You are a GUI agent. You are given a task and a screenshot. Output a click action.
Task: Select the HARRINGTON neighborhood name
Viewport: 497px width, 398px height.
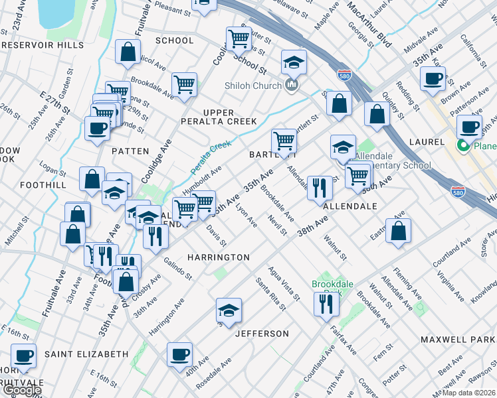click(x=218, y=257)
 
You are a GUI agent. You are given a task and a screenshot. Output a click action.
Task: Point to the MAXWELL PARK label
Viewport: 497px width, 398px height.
click(x=458, y=340)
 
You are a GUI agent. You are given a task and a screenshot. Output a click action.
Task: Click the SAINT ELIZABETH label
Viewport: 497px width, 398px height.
click(x=86, y=354)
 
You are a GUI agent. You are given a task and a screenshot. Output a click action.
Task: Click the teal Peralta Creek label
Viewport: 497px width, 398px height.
click(x=213, y=159)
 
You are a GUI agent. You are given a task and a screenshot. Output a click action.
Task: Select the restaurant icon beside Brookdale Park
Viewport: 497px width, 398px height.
click(x=326, y=303)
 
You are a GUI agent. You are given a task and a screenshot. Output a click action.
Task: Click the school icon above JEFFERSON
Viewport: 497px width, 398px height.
click(x=229, y=310)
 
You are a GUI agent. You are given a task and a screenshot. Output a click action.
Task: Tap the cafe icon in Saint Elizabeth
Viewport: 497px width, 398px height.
click(x=25, y=355)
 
